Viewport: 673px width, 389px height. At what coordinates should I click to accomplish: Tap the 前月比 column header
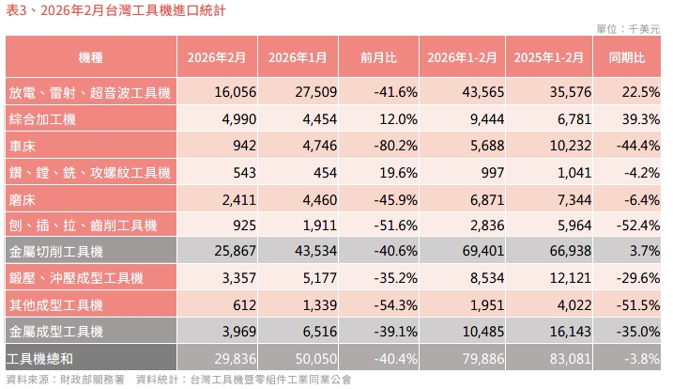378,57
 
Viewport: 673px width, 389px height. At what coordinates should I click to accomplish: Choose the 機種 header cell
91,57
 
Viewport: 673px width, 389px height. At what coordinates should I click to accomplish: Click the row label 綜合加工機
42,119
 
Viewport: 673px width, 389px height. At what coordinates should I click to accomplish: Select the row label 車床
23,146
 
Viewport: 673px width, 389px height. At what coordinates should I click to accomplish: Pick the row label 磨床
23,199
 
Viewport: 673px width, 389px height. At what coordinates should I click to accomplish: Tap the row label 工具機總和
42,358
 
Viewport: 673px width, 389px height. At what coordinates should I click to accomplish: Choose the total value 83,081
565,358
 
